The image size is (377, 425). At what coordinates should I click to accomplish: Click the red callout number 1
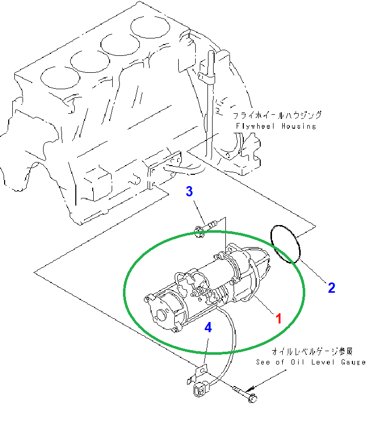point(279,319)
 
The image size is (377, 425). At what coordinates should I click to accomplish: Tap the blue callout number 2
point(331,288)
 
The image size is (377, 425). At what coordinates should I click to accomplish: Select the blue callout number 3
point(190,192)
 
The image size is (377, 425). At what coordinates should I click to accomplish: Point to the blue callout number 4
point(208,328)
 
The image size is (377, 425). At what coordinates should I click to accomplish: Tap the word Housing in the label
point(300,126)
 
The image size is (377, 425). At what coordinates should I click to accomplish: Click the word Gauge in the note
point(352,362)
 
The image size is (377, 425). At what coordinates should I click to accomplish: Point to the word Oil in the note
point(300,362)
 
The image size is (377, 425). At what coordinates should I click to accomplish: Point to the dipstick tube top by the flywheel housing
point(211,56)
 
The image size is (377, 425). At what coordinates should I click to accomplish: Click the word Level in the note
point(324,362)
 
